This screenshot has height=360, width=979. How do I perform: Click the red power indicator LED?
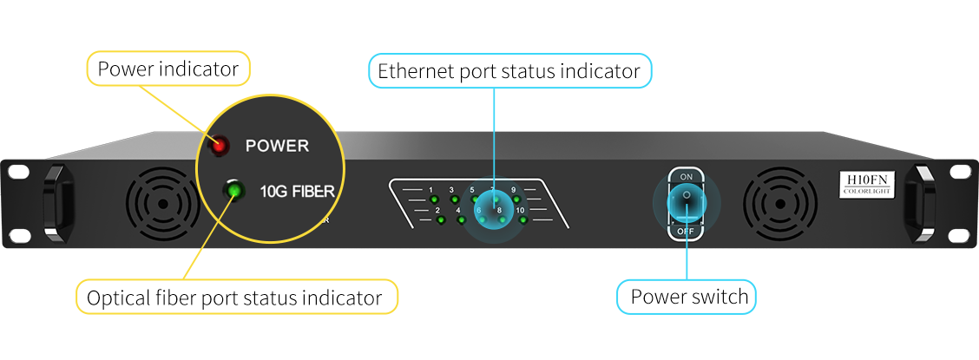tap(218, 146)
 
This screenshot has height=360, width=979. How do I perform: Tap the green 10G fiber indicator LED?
tap(233, 188)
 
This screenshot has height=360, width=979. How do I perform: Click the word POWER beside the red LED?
tap(277, 146)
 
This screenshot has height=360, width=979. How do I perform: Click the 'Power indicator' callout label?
tap(168, 69)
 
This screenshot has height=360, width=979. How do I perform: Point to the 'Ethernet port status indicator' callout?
tap(509, 71)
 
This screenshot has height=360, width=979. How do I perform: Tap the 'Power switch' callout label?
tap(688, 298)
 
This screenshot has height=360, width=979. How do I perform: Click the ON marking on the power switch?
tap(687, 176)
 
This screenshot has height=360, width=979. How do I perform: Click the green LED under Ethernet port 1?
tap(433, 200)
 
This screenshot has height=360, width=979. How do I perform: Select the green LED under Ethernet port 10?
tap(523, 220)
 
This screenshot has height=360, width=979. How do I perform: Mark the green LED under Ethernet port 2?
tap(441, 220)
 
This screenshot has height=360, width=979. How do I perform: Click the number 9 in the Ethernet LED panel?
tap(513, 189)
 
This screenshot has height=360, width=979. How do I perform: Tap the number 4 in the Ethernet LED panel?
tap(458, 211)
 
